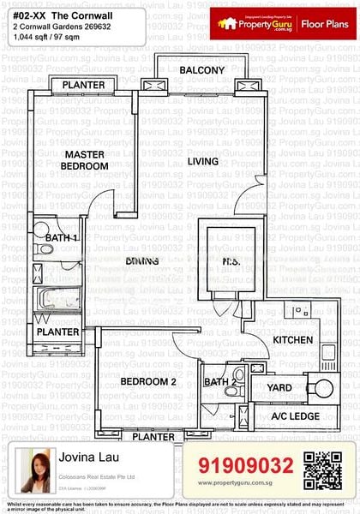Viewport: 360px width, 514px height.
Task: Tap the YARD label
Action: pos(280,386)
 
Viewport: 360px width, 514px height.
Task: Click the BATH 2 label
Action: pos(220,382)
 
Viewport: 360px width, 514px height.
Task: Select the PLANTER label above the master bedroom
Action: pos(83,85)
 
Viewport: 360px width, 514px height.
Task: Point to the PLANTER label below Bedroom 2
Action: pos(154,437)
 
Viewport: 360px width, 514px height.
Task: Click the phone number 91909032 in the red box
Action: pos(245,465)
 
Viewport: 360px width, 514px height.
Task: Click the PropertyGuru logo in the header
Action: pos(255,24)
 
